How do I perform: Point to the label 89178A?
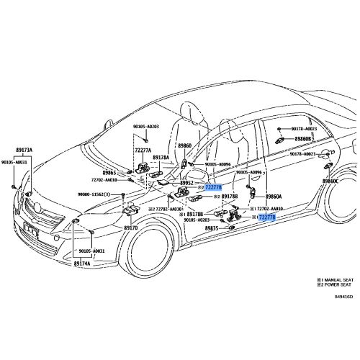click(161, 158)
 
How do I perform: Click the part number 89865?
click(109, 173)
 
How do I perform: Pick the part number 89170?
click(130, 228)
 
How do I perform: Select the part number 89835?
click(212, 228)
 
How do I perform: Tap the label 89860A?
click(274, 196)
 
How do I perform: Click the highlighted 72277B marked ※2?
click(213, 187)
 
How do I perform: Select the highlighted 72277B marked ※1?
click(266, 217)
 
